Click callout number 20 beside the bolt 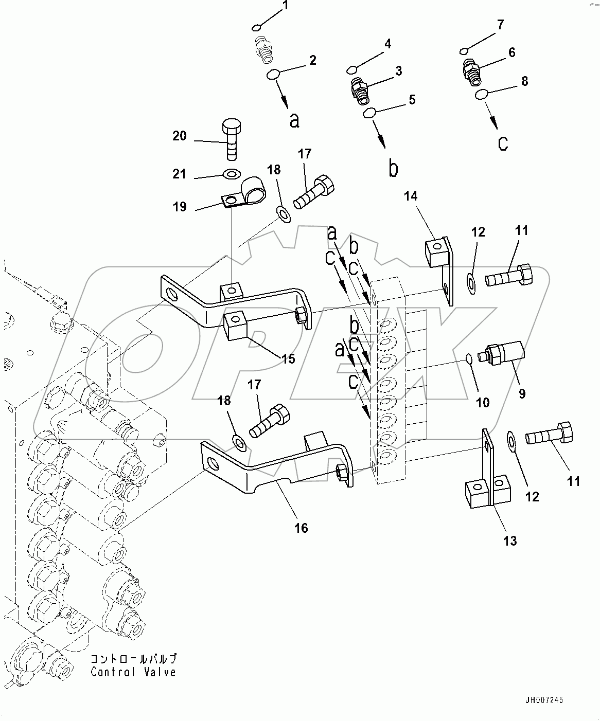180,136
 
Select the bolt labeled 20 231,140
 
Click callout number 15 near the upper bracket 289,358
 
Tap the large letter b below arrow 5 393,169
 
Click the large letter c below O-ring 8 503,143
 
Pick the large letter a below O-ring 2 294,120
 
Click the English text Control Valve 133,672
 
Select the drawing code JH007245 544,700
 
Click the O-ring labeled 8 482,94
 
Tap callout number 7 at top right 501,25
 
